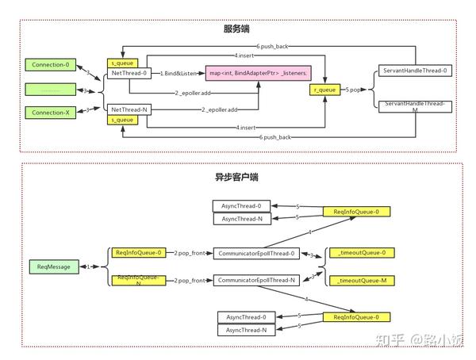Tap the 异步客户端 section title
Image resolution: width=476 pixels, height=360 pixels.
237,177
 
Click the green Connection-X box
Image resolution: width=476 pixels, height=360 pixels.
50,112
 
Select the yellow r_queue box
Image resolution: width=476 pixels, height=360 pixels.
326,90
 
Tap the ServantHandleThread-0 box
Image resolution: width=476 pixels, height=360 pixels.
414,71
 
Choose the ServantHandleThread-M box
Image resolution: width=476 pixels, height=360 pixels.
414,106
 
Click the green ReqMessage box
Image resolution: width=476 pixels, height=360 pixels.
55,266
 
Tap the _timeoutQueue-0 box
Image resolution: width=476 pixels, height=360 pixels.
361,253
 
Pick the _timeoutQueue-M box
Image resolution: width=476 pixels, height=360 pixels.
361,281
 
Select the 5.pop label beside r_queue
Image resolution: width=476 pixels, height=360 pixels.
355,90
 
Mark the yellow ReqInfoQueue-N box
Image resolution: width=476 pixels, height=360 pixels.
139,279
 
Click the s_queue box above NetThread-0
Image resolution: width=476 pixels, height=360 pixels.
125,62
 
